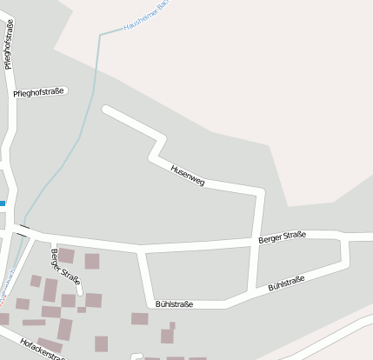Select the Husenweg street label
tap(188, 175)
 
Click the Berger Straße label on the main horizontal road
tap(283, 237)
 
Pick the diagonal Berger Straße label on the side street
tap(65, 267)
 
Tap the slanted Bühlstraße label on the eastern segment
tap(286, 283)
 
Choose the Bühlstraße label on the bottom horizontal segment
tap(174, 304)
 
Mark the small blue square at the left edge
tap(3, 203)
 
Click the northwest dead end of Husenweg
tap(106, 110)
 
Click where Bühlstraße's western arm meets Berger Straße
tap(142, 250)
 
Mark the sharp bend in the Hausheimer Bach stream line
tap(100, 35)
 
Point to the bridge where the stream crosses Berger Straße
tap(23, 230)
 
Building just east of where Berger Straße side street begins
tap(66, 257)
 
